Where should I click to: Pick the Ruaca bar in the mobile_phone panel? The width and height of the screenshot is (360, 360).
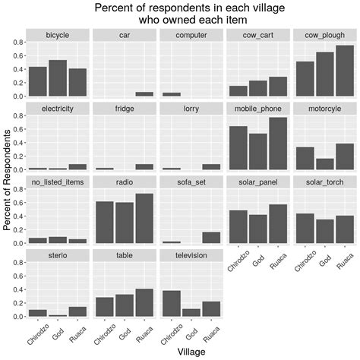pyautogui.click(x=278, y=144)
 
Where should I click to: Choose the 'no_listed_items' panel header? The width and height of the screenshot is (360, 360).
pyautogui.click(x=58, y=182)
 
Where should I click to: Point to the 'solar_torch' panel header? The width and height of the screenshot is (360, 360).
pyautogui.click(x=325, y=182)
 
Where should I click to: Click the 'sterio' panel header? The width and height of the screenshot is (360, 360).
pyautogui.click(x=58, y=256)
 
